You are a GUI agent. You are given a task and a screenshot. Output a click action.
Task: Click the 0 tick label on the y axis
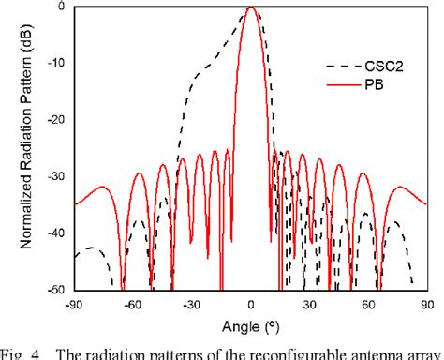(x=62, y=7)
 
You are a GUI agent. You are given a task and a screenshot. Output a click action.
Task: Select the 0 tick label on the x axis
(x=250, y=305)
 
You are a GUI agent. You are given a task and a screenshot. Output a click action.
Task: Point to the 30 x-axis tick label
(x=309, y=305)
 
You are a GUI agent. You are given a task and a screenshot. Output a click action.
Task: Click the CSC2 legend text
(x=381, y=67)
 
